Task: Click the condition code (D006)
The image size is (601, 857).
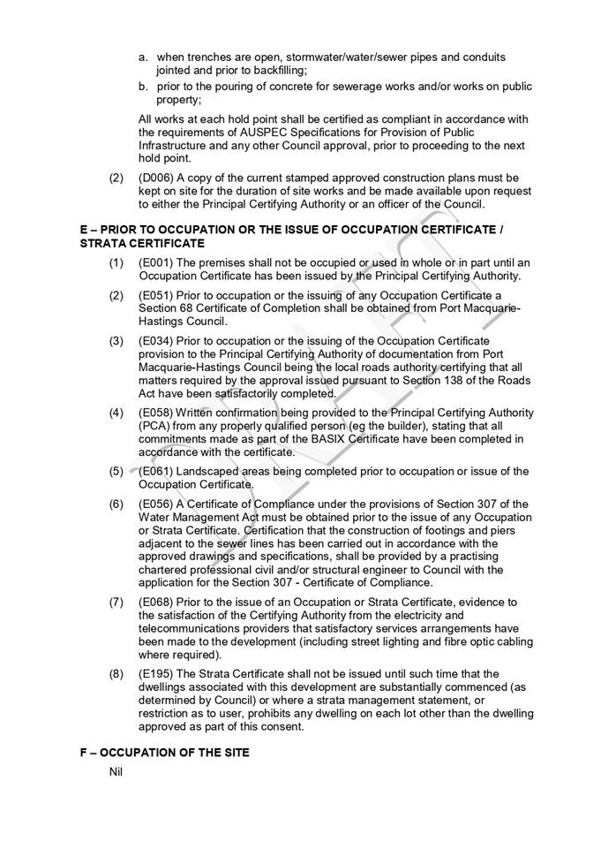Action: click(157, 178)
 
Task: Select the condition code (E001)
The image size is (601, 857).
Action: click(157, 262)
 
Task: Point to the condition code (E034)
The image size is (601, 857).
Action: click(157, 340)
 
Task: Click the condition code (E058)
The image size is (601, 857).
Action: click(157, 413)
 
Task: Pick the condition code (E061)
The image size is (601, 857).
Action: click(157, 471)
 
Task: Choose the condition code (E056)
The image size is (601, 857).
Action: click(157, 504)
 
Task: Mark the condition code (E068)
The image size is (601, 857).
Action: click(157, 602)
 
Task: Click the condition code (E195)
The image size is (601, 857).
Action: click(157, 673)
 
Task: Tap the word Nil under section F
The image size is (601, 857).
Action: click(115, 771)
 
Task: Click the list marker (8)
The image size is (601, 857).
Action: click(116, 673)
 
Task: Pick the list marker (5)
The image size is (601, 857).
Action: click(116, 471)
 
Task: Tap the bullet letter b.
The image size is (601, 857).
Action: click(142, 87)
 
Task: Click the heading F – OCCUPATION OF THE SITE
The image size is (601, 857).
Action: click(164, 752)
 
